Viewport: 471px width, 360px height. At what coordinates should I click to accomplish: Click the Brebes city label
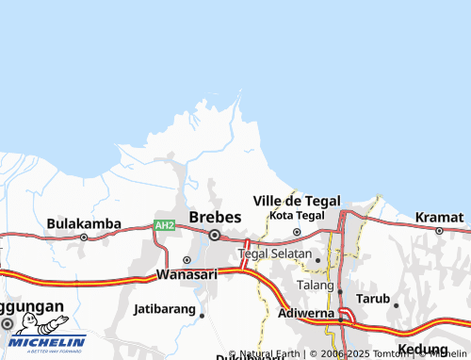click(x=215, y=217)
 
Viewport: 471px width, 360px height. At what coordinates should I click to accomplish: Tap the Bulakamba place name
click(x=84, y=223)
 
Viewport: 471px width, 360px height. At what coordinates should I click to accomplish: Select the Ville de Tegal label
click(x=297, y=201)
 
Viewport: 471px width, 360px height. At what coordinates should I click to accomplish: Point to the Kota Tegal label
click(x=297, y=216)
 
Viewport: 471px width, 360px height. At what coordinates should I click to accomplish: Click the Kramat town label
click(x=440, y=217)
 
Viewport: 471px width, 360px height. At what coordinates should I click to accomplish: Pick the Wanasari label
click(x=187, y=275)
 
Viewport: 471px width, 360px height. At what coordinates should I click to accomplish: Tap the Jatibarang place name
click(x=164, y=308)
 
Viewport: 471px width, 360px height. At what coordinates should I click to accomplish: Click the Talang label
click(x=316, y=285)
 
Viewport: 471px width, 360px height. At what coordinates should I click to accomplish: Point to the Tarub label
click(x=372, y=299)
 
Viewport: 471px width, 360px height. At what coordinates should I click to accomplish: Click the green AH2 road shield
click(x=165, y=226)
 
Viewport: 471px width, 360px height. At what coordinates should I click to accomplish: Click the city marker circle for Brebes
click(x=215, y=236)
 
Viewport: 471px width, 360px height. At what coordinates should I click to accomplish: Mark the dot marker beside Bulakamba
click(x=84, y=237)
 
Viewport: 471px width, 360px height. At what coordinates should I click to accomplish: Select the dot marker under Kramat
click(x=439, y=230)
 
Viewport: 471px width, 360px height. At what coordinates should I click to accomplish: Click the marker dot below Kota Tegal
click(x=297, y=231)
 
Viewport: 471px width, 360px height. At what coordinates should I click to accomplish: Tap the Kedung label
click(x=422, y=350)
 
